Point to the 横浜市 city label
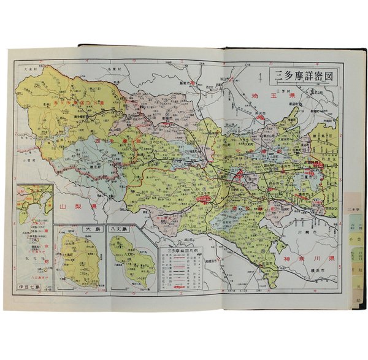tap(310, 278)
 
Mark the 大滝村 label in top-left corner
tap(28, 69)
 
